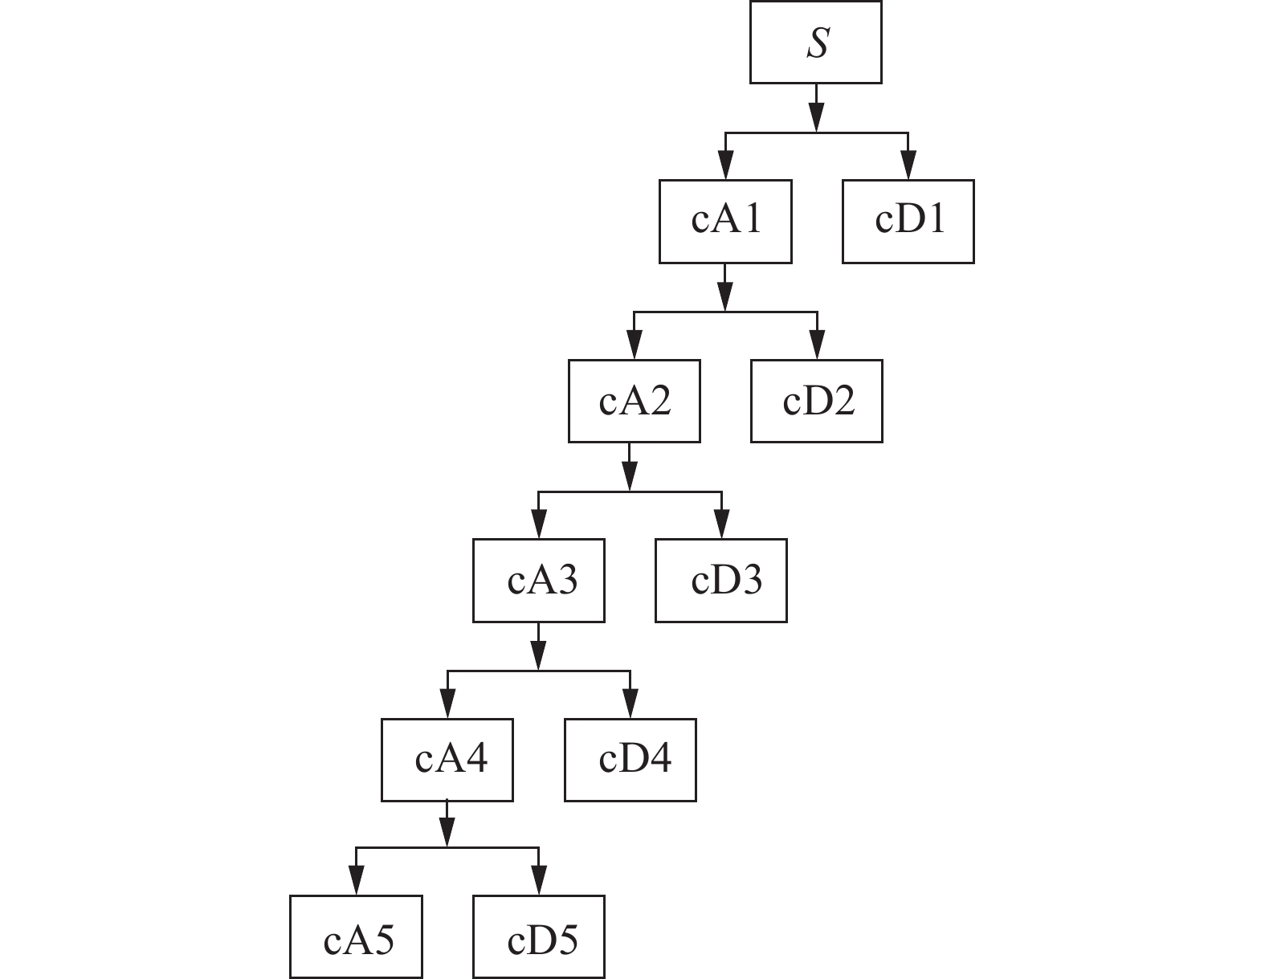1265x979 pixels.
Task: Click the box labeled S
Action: [815, 42]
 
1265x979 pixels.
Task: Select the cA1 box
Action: [725, 221]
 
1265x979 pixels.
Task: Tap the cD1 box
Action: [908, 221]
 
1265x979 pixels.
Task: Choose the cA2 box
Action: [634, 401]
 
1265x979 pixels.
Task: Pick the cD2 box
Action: [816, 401]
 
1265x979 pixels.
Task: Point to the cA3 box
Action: [538, 580]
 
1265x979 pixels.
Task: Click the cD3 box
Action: [720, 580]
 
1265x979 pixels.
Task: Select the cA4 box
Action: [447, 760]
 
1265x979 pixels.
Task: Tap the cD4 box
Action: [630, 760]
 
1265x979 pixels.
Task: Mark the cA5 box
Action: [355, 937]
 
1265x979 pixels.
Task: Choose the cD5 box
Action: [538, 937]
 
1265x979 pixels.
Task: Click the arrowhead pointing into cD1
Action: [908, 167]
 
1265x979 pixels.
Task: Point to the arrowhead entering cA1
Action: [725, 167]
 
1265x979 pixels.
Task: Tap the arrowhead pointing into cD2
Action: [817, 346]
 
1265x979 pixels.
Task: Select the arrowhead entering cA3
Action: [539, 526]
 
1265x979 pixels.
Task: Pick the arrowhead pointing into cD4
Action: [630, 705]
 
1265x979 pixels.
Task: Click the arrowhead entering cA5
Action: [355, 883]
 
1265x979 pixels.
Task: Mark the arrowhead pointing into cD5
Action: [539, 883]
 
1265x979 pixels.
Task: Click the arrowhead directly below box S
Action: [816, 118]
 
